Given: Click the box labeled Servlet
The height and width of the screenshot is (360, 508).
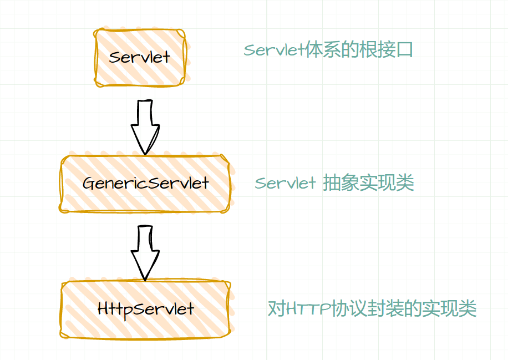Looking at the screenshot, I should click(139, 57).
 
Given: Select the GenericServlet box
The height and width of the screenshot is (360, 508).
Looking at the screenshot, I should click(145, 183).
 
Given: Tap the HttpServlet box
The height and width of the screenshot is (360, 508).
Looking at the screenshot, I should click(145, 308).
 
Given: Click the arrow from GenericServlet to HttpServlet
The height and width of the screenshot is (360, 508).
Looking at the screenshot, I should click(145, 252).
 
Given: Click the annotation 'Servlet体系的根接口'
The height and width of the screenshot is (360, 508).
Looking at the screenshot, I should click(328, 50).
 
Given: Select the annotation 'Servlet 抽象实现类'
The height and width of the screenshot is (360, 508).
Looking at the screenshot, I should click(334, 183).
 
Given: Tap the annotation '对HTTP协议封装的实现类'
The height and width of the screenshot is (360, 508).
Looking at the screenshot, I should click(372, 308).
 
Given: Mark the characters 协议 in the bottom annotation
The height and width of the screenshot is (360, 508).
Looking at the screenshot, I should click(347, 308).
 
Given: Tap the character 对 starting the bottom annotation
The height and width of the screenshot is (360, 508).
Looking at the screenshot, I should click(277, 308).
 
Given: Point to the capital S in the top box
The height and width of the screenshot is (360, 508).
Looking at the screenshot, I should click(115, 57).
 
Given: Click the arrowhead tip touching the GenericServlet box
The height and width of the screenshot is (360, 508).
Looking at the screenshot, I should click(145, 153).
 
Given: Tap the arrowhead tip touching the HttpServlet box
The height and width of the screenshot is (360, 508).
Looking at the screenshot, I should click(145, 279).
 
